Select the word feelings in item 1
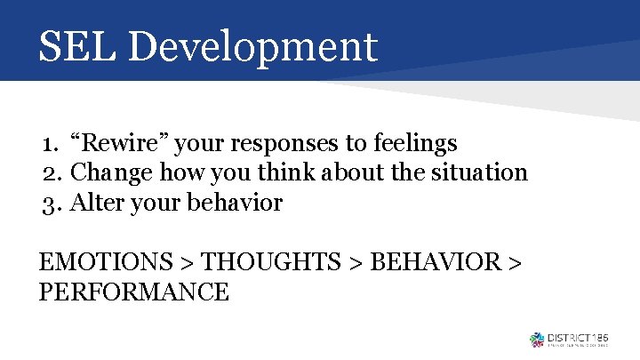tap(416, 142)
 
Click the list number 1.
tap(49, 143)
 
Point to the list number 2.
tap(50, 172)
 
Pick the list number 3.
tap(50, 203)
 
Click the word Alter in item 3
tap(92, 203)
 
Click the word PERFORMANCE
tap(134, 292)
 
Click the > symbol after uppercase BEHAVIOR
tap(514, 263)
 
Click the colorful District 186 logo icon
tap(536, 339)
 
